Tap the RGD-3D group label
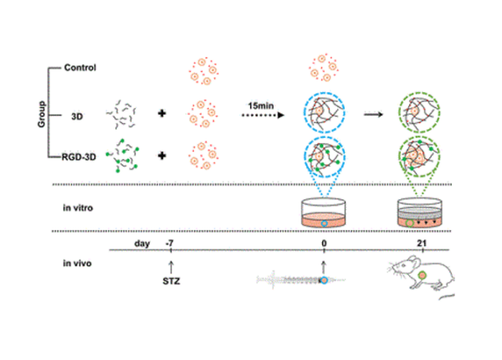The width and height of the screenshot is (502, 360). pos(85,156)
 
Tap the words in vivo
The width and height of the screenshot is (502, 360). pos(79,263)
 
